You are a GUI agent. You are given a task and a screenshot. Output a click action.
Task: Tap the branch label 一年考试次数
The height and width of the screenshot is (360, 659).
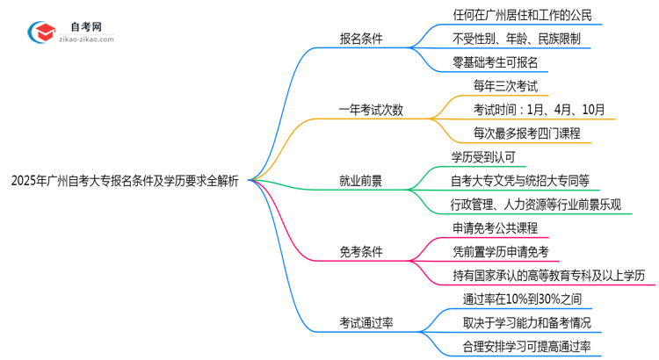(x=373, y=110)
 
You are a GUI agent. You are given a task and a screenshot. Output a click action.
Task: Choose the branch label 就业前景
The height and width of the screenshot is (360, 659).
(x=362, y=182)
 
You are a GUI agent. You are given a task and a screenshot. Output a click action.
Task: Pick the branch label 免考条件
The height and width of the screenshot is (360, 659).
(x=362, y=252)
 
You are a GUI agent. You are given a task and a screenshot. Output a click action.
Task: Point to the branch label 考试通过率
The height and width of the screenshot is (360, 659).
(x=367, y=323)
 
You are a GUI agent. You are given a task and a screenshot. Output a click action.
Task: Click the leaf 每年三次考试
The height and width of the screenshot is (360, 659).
(x=493, y=86)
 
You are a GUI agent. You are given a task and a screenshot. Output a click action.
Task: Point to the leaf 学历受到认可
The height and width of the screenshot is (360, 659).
(x=483, y=157)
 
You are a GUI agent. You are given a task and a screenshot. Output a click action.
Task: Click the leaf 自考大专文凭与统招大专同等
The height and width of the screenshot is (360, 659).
(x=520, y=181)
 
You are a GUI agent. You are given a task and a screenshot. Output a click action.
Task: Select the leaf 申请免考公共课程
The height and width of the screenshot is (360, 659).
(x=494, y=228)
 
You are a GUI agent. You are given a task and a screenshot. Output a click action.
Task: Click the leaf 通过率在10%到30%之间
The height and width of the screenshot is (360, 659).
(x=521, y=299)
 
